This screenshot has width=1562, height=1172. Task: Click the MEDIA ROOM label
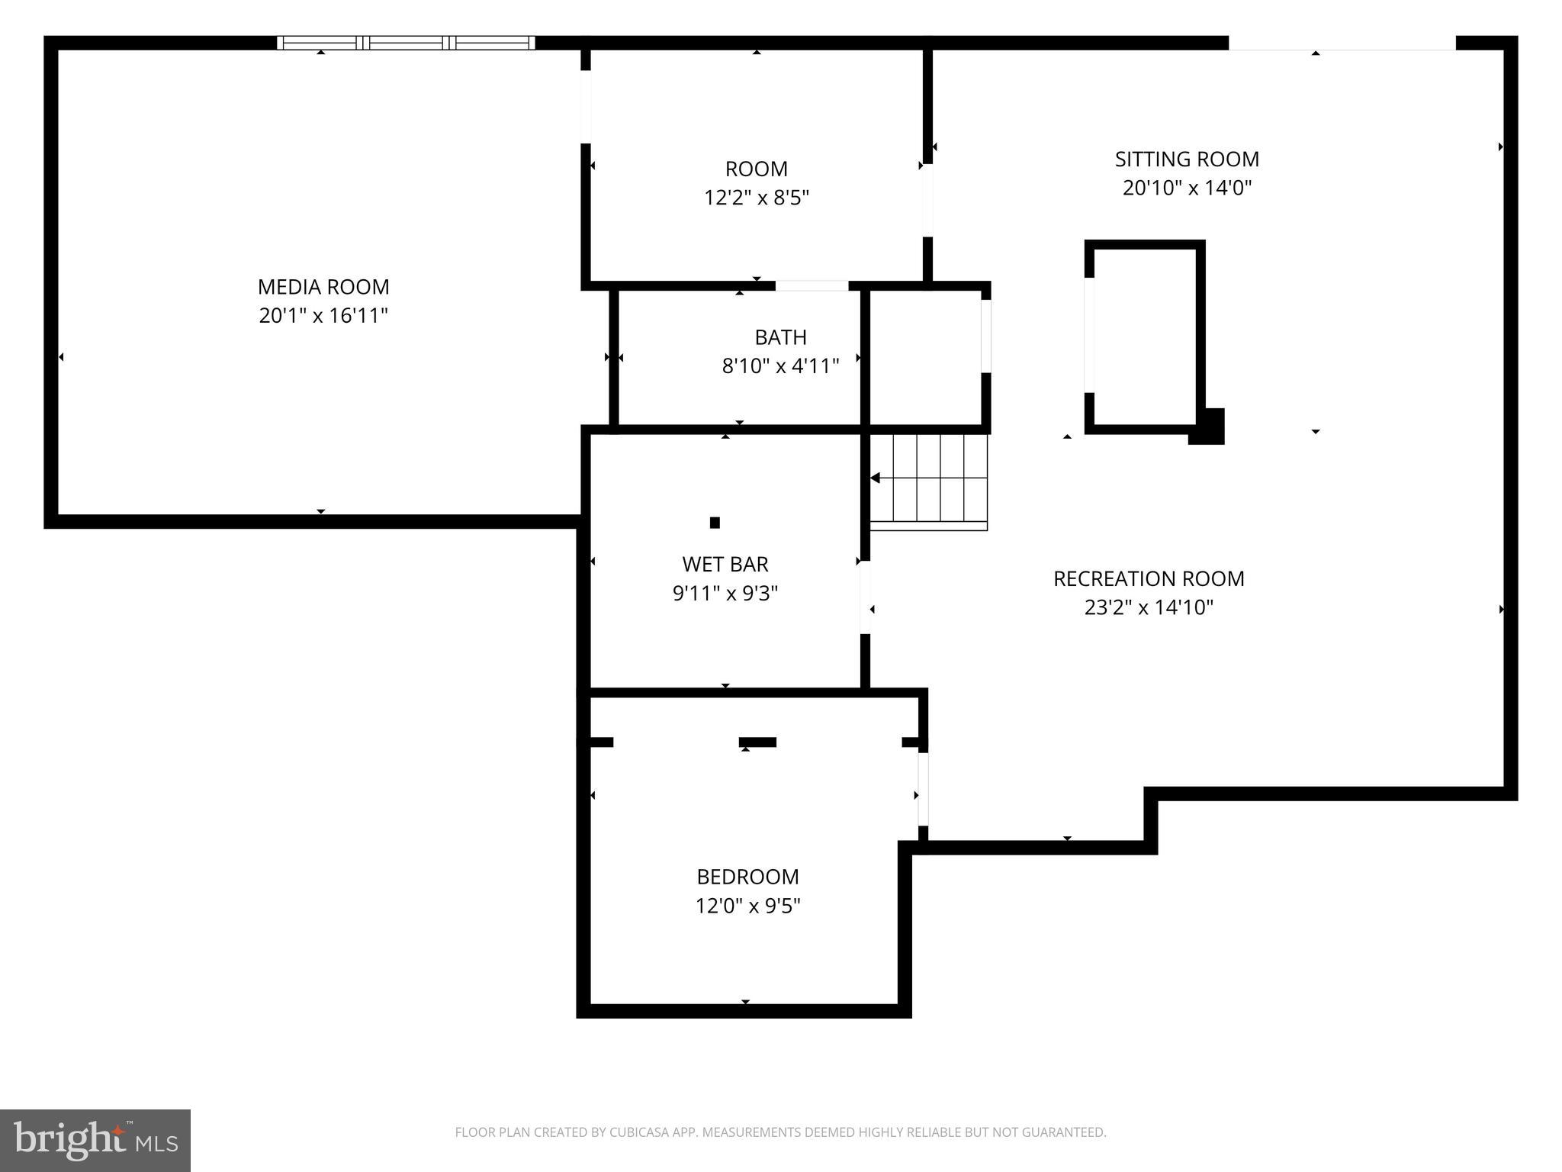[323, 287]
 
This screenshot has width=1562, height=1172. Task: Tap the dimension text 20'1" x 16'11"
[323, 316]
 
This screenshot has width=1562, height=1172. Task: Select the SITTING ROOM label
[1187, 159]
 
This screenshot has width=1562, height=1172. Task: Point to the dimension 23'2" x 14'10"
[1149, 607]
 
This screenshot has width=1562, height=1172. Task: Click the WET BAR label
[725, 564]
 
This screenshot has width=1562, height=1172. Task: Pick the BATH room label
[780, 336]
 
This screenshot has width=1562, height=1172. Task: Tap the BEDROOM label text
[747, 876]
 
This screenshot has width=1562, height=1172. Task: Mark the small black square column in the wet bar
[715, 523]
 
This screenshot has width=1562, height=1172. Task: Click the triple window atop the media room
[406, 43]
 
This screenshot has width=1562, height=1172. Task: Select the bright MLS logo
[95, 1140]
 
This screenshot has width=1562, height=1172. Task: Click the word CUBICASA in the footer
[638, 1132]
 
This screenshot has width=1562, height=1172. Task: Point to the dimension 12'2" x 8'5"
[756, 198]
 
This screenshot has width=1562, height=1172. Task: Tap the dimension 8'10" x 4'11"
[780, 366]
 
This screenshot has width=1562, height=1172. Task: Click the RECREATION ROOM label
[1149, 578]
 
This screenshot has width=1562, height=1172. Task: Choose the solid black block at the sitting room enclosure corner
[1207, 427]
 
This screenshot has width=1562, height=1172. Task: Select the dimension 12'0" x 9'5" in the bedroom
[747, 906]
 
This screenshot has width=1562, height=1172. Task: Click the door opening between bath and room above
[812, 286]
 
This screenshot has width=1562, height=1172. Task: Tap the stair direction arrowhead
[876, 478]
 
